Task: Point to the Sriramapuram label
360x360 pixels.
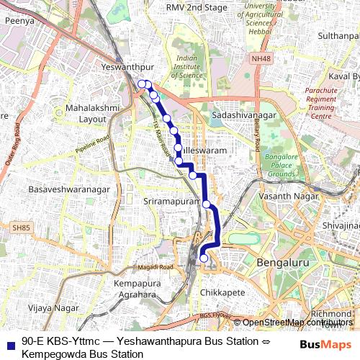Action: (x=171, y=202)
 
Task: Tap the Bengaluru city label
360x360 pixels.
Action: (x=282, y=263)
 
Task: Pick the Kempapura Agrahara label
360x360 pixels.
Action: (x=135, y=288)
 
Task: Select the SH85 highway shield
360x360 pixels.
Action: (x=21, y=228)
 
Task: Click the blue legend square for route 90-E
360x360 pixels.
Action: (x=8, y=341)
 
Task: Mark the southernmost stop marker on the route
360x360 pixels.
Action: (x=204, y=258)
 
